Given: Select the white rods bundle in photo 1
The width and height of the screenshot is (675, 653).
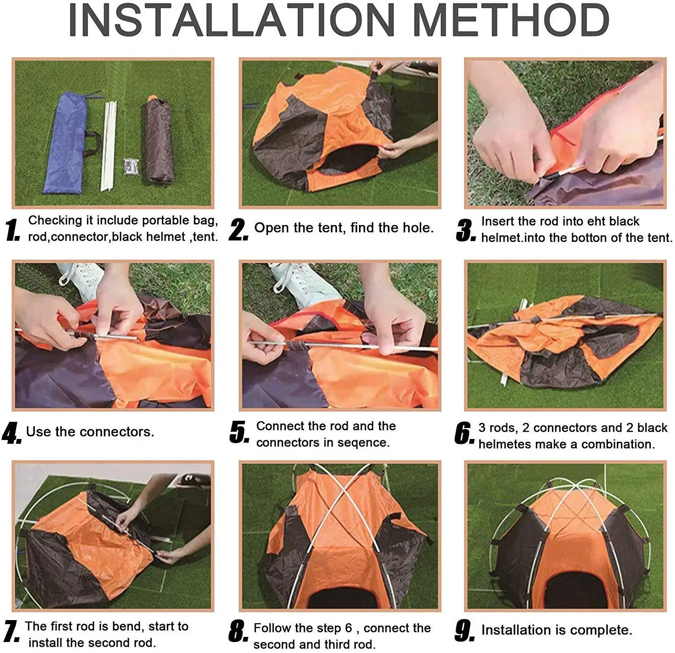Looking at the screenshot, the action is (108, 146).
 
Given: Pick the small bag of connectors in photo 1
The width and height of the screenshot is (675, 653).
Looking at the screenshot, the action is (131, 167).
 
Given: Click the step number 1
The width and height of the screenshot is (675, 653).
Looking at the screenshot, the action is (13, 230).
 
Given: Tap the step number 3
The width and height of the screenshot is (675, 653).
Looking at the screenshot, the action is (465, 230).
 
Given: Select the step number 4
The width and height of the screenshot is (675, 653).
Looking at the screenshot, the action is (11, 432).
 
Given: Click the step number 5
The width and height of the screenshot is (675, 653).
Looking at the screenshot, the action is (239, 432).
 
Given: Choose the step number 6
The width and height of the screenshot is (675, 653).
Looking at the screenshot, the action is (464, 433).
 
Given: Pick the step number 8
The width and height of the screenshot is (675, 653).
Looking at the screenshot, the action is (238, 631).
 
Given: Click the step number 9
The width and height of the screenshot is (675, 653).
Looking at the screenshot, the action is (465, 631).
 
